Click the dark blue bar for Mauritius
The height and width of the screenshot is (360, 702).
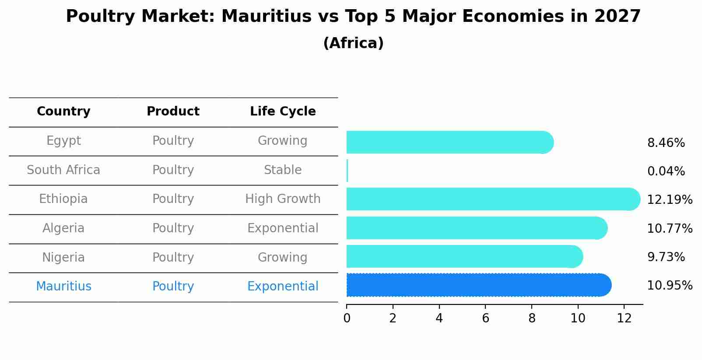(477, 285)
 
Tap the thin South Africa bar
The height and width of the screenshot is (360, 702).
(347, 171)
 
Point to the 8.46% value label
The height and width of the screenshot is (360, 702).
(666, 143)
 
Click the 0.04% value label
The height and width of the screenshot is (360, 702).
(666, 171)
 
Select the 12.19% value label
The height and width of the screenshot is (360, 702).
(669, 200)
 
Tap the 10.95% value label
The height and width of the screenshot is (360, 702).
(669, 286)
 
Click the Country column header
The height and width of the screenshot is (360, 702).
(63, 112)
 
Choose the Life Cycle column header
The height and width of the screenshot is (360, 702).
(283, 112)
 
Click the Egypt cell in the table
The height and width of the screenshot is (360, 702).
(63, 141)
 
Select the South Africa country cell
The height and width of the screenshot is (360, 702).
(63, 170)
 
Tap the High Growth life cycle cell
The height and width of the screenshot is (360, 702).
(283, 199)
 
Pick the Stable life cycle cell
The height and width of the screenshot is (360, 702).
(283, 170)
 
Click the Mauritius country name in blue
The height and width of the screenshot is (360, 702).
(63, 287)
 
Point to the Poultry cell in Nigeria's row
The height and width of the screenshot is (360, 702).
(173, 258)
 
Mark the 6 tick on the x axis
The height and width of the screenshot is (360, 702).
(485, 318)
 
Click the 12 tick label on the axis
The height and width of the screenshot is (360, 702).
(624, 318)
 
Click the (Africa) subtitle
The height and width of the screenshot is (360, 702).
(353, 43)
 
